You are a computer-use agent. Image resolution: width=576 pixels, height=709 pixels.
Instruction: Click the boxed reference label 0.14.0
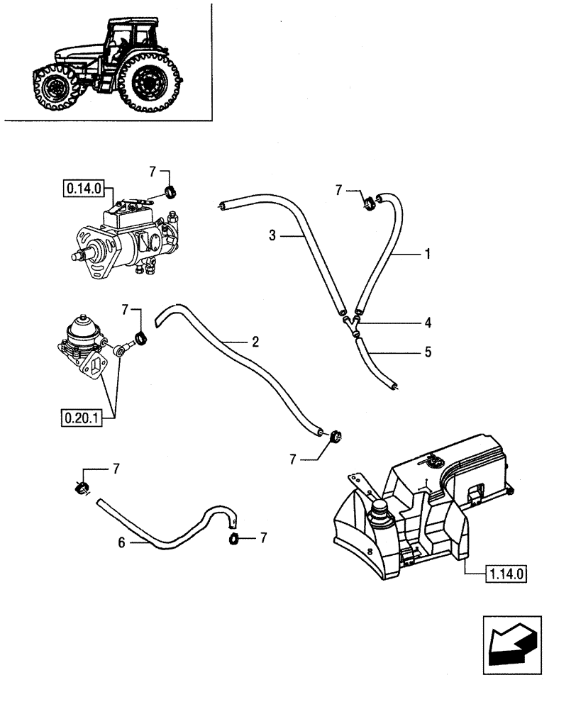pyautogui.click(x=84, y=189)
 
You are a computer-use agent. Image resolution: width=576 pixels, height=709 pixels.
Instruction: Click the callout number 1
pyautogui.click(x=427, y=253)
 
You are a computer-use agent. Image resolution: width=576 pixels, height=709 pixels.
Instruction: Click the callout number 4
pyautogui.click(x=427, y=323)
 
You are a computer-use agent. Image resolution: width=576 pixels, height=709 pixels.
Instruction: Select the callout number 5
pyautogui.click(x=427, y=351)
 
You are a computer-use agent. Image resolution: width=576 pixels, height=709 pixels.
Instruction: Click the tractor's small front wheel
pyautogui.click(x=55, y=89)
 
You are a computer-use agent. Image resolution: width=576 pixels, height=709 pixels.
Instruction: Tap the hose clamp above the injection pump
pyautogui.click(x=170, y=191)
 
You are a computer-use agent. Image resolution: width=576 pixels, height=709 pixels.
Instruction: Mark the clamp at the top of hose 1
pyautogui.click(x=368, y=206)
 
